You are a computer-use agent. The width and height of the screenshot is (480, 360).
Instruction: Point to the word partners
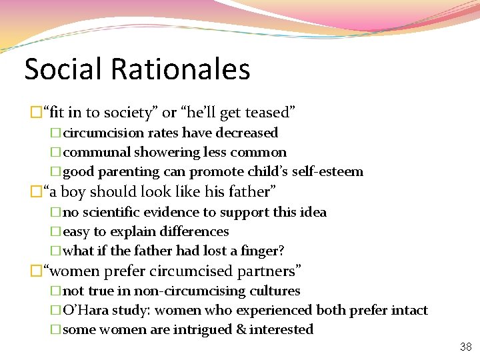pyautogui.click(x=269, y=271)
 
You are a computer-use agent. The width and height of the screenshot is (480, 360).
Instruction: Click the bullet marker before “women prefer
pyautogui.click(x=36, y=271)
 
